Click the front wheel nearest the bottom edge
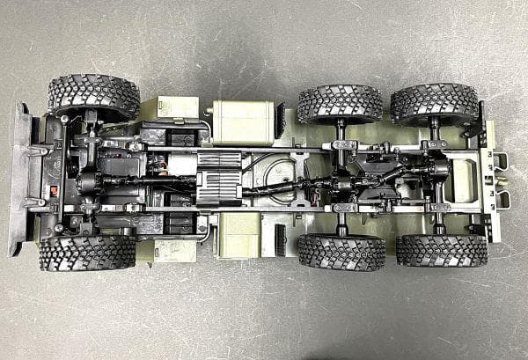click(86, 253)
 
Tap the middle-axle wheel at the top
click(340, 104)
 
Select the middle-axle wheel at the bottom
click(341, 251)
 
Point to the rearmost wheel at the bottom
click(441, 250)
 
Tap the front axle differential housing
click(89, 182)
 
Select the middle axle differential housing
click(342, 184)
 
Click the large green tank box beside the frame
click(244, 121)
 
